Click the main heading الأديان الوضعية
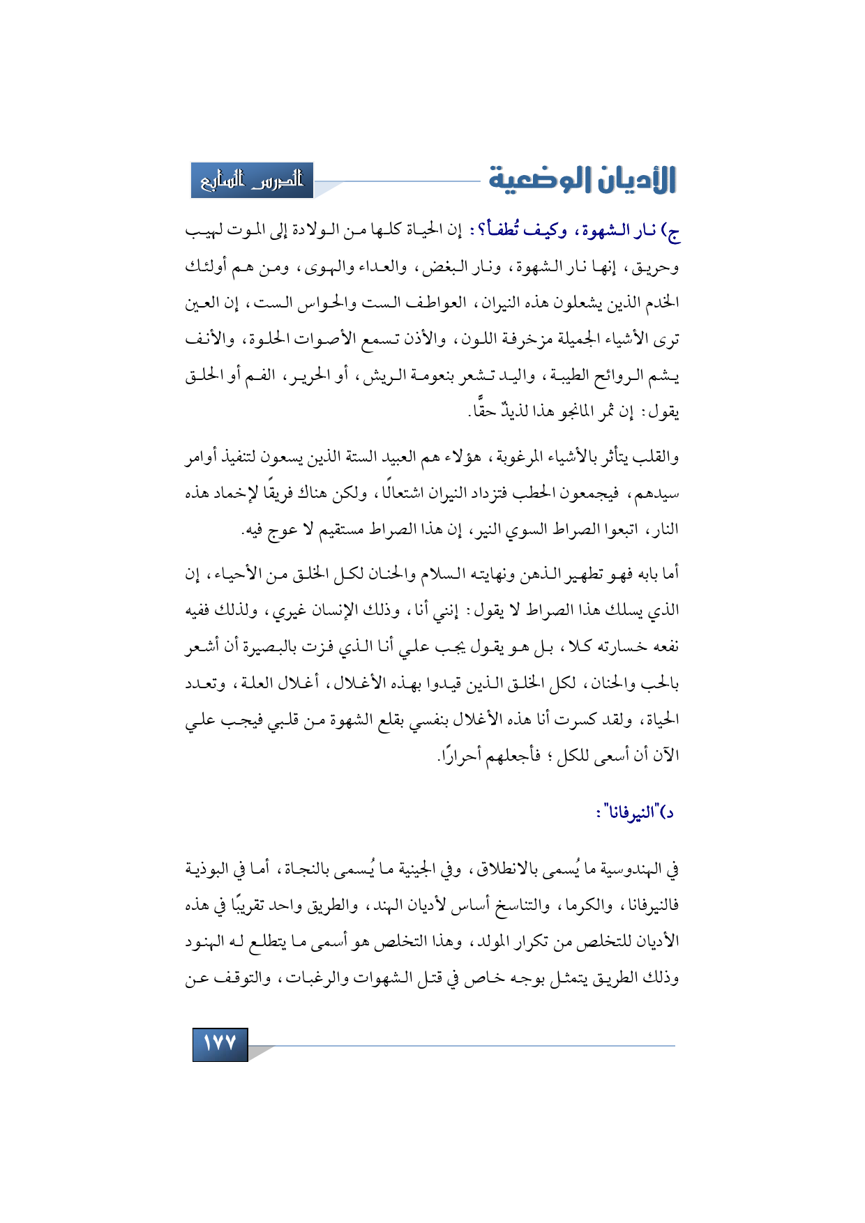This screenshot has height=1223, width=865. [582, 180]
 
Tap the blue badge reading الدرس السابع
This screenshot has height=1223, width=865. [253, 181]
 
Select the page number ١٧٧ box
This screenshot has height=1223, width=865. [220, 1043]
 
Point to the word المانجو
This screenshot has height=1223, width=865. [554, 412]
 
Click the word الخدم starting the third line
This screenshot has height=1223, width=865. [663, 303]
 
